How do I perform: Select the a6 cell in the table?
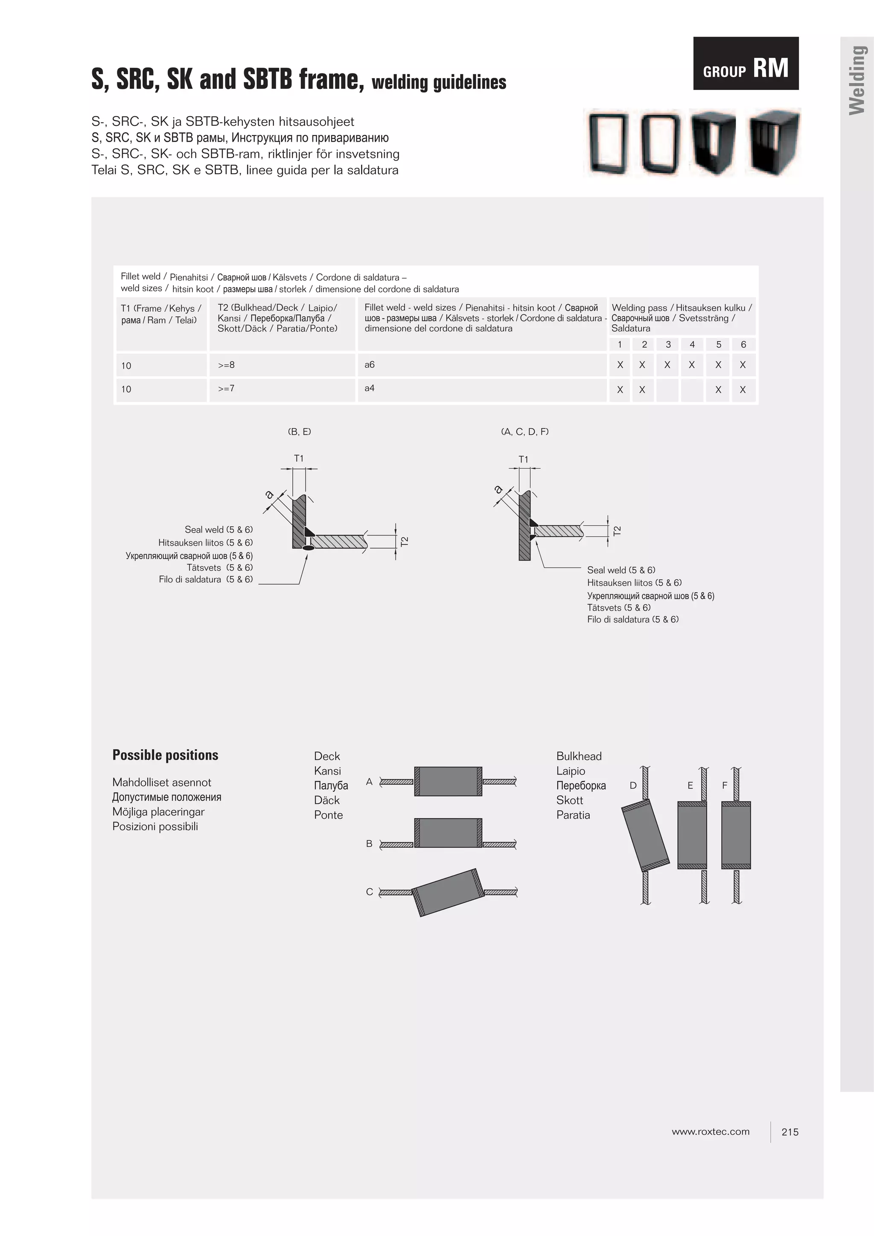tap(370, 365)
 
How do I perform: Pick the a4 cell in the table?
tap(370, 388)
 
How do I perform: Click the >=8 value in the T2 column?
tap(226, 365)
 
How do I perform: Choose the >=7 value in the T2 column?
tap(226, 388)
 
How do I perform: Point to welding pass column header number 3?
tap(668, 345)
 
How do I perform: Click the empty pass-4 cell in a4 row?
tap(692, 390)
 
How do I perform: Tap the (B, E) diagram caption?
tap(300, 432)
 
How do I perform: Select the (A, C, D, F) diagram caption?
tap(524, 432)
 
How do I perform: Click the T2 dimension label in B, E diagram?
tap(405, 541)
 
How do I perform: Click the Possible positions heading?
tap(165, 755)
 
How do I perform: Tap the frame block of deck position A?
tap(448, 781)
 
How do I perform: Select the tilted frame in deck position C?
tap(448, 892)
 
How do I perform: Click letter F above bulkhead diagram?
tap(724, 785)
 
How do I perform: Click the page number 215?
tap(790, 1132)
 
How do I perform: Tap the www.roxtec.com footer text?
tap(710, 1131)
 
